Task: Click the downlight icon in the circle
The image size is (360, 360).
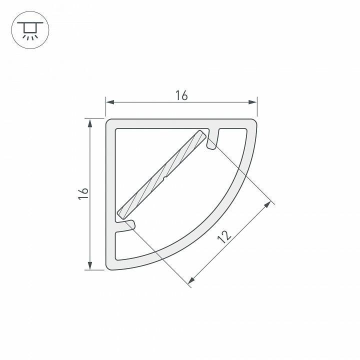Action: pyautogui.click(x=29, y=29)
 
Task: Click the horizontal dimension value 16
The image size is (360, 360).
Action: pyautogui.click(x=181, y=95)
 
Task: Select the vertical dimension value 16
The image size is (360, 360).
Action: pyautogui.click(x=83, y=194)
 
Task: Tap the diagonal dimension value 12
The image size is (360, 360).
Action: pyautogui.click(x=225, y=235)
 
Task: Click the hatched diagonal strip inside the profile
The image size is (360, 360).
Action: pyautogui.click(x=161, y=175)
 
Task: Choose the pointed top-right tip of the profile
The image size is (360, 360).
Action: pyautogui.click(x=255, y=120)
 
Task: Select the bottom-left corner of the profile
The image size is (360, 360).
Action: pyautogui.click(x=108, y=268)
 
